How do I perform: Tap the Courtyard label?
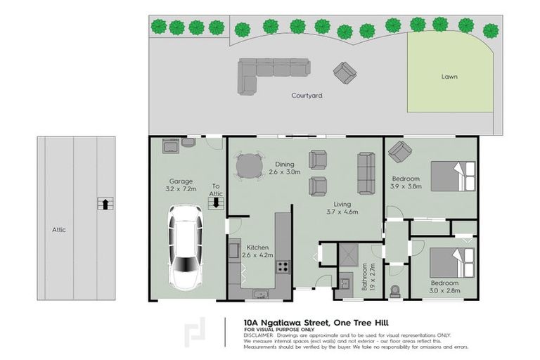tap(307, 96)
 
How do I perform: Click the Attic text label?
tap(58, 230)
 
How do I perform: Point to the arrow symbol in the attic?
tap(104, 204)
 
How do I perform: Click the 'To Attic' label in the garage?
tap(217, 191)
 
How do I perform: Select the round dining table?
tap(247, 167)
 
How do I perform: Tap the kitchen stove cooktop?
tap(283, 266)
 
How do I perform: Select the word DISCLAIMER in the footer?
tap(260, 335)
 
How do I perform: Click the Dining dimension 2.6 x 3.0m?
tap(285, 172)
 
